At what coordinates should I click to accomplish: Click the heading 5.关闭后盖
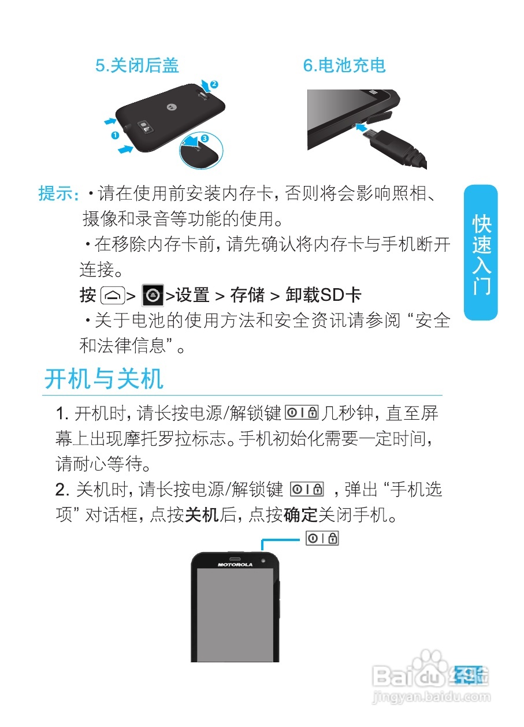click(x=137, y=66)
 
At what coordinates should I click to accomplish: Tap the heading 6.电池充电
click(x=344, y=66)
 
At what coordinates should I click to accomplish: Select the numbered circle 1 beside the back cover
click(x=114, y=136)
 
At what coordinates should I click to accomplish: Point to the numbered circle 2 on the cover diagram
click(x=214, y=84)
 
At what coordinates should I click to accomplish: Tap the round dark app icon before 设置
click(x=153, y=296)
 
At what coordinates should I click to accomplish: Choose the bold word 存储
click(x=247, y=296)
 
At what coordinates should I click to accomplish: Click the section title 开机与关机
click(x=104, y=379)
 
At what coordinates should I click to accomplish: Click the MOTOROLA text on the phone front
click(x=235, y=564)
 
